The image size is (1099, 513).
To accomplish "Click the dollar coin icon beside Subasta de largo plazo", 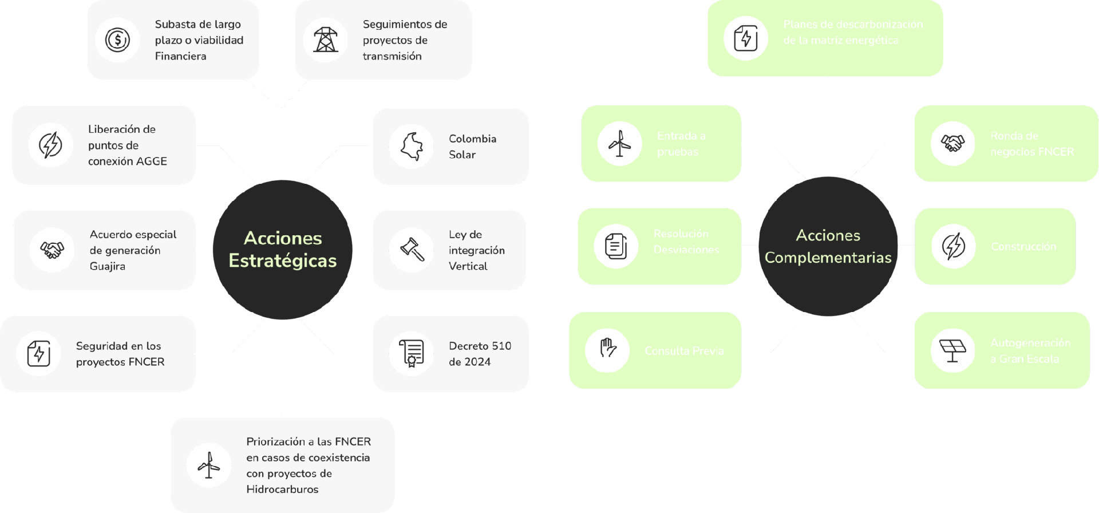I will click(x=118, y=40).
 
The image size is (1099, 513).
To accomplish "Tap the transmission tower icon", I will click(x=326, y=40).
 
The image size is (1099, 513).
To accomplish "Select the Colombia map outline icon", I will click(x=412, y=147).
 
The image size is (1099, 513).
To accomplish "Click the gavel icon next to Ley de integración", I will click(x=412, y=250).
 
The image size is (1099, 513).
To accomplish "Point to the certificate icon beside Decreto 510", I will click(x=412, y=354).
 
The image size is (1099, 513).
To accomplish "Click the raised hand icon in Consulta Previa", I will click(x=607, y=350).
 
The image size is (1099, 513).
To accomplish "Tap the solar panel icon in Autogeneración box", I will click(x=952, y=350).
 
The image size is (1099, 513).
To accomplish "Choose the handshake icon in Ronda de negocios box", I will click(x=952, y=143).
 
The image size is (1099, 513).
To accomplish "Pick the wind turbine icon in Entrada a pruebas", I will click(x=619, y=143).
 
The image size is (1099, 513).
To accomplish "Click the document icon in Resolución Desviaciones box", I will click(x=616, y=246).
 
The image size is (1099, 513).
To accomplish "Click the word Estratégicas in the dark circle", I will click(x=283, y=261).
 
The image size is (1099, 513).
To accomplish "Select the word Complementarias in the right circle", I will click(x=828, y=258).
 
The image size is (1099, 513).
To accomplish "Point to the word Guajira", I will click(x=108, y=266).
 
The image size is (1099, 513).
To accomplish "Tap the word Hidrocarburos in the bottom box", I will click(x=282, y=490).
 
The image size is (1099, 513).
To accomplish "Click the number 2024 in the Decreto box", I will click(x=477, y=362).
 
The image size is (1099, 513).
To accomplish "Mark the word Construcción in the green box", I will click(x=1023, y=247).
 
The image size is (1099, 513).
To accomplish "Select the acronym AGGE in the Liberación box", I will click(x=152, y=161).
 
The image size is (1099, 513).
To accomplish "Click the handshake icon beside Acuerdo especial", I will click(x=52, y=250).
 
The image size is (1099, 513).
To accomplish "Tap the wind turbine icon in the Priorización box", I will click(x=209, y=465).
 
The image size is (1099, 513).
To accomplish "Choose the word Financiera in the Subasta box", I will click(x=180, y=56).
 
